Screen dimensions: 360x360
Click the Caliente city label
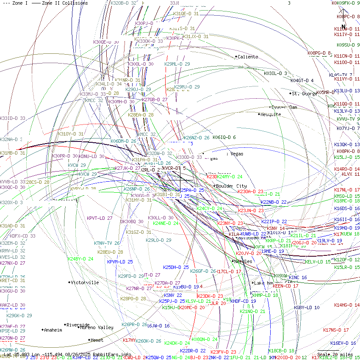click(x=248, y=57)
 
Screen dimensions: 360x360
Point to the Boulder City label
click(x=231, y=186)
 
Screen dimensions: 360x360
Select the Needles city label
click(x=243, y=261)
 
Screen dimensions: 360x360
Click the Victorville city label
click(x=85, y=282)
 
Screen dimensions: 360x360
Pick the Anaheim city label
click(x=53, y=330)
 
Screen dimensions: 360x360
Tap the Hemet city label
click(x=97, y=340)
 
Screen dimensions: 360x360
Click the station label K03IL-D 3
click(x=275, y=73)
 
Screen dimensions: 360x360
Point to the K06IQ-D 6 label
click(x=224, y=137)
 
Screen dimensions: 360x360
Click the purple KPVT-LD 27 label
click(x=100, y=218)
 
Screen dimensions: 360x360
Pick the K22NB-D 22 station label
click(x=274, y=202)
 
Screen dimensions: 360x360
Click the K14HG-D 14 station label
click(x=347, y=305)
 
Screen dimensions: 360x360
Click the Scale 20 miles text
click(x=335, y=354)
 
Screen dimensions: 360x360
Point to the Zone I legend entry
click(x=15, y=3)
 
